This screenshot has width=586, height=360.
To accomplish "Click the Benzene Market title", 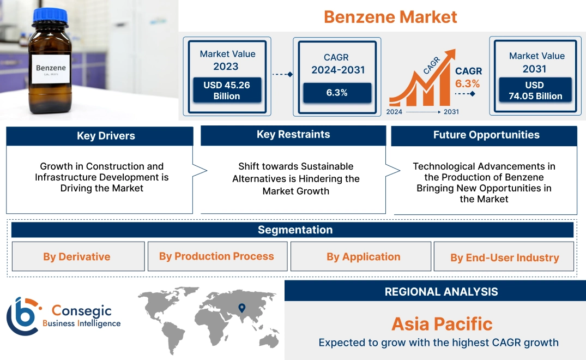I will [x=390, y=17].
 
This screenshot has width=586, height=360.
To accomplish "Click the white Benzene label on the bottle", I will [x=51, y=69].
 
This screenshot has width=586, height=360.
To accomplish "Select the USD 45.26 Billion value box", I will [x=227, y=90].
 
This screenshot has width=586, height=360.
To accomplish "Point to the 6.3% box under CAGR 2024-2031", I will [x=337, y=93].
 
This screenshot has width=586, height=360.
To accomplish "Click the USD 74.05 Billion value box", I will [x=534, y=91].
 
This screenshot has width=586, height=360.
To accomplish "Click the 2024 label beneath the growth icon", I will [x=395, y=112].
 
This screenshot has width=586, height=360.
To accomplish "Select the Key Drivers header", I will [x=100, y=136].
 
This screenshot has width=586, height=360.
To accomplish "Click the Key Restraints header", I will [x=293, y=135].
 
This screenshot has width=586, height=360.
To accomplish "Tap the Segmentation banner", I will [x=293, y=230].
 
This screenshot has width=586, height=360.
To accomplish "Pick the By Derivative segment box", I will [x=77, y=257].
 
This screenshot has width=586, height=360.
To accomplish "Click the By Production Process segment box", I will [x=216, y=256].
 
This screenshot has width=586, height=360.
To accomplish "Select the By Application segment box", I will [x=363, y=256].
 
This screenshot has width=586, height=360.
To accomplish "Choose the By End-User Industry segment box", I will [x=504, y=257].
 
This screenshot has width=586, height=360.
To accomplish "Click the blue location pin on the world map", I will [x=242, y=308].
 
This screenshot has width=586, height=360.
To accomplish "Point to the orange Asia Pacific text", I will [x=442, y=324].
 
